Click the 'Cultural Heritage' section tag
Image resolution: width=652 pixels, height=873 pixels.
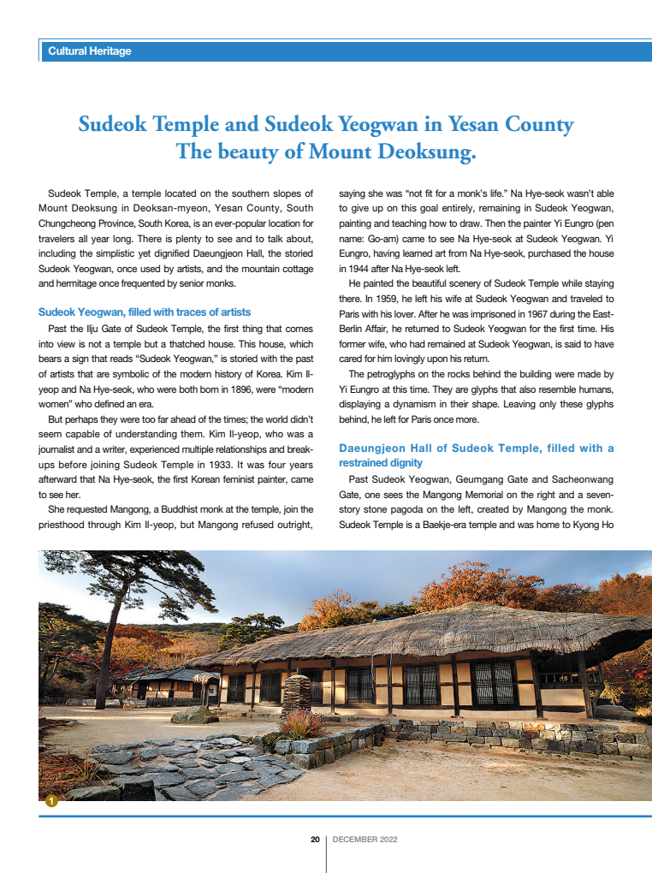[x=90, y=51]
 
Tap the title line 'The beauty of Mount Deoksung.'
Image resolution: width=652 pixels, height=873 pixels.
[x=325, y=153]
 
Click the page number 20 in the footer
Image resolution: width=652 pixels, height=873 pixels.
[x=315, y=840]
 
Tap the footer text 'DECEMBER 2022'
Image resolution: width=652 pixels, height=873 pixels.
[x=365, y=840]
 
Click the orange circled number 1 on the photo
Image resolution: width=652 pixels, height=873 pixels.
[x=51, y=801]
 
